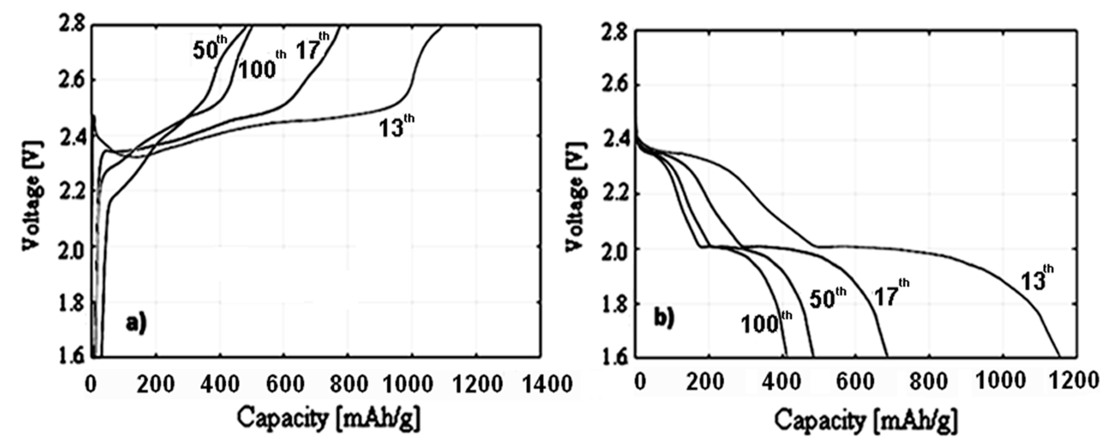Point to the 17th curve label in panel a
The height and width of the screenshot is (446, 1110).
click(x=312, y=46)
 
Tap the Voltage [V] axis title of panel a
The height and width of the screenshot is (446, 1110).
click(x=33, y=194)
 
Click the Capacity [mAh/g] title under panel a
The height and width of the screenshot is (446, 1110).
click(x=328, y=418)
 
